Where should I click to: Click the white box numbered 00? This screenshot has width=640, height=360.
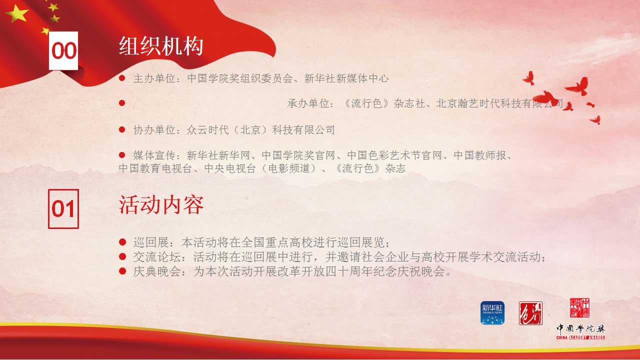(x=63, y=50)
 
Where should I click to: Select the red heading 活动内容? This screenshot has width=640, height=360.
(x=161, y=205)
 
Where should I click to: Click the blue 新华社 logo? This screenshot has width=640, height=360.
(x=492, y=313)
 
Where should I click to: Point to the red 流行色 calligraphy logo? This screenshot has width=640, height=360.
(x=530, y=313)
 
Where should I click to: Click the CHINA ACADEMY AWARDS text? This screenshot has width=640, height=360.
(x=580, y=337)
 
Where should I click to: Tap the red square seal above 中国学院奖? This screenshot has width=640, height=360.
(x=579, y=307)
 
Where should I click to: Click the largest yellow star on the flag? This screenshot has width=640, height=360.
(x=17, y=13)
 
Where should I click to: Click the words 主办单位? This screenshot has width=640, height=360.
(x=154, y=78)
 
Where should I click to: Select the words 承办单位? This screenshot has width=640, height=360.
(x=308, y=103)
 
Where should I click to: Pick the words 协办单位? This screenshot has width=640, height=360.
(x=154, y=130)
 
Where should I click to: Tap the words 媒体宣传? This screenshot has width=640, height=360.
(x=154, y=155)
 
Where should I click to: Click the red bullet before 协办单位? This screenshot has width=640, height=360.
(x=122, y=129)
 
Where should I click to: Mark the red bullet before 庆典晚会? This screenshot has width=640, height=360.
(x=122, y=271)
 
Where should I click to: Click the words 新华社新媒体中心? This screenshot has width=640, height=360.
(x=346, y=78)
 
